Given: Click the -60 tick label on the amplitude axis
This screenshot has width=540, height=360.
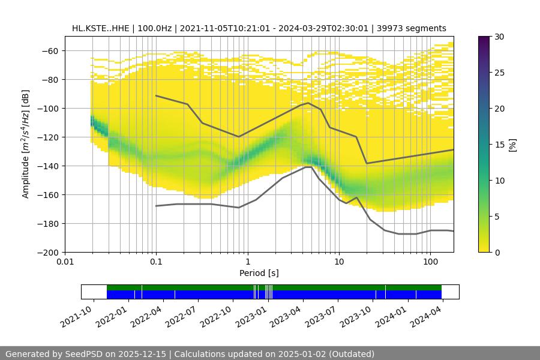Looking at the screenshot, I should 50,50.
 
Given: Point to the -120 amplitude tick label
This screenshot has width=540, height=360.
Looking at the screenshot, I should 48,137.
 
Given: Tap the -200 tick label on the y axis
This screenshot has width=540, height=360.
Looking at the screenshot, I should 48,252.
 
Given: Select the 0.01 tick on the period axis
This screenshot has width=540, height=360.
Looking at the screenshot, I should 65,262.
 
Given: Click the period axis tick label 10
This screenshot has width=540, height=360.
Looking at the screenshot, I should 339,262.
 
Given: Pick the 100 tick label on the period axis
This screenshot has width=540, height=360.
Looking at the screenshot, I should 430,262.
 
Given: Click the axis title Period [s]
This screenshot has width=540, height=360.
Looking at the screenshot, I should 259,273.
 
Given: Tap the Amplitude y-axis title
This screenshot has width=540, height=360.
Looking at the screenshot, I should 26,144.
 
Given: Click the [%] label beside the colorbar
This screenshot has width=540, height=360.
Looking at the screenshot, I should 512,145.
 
